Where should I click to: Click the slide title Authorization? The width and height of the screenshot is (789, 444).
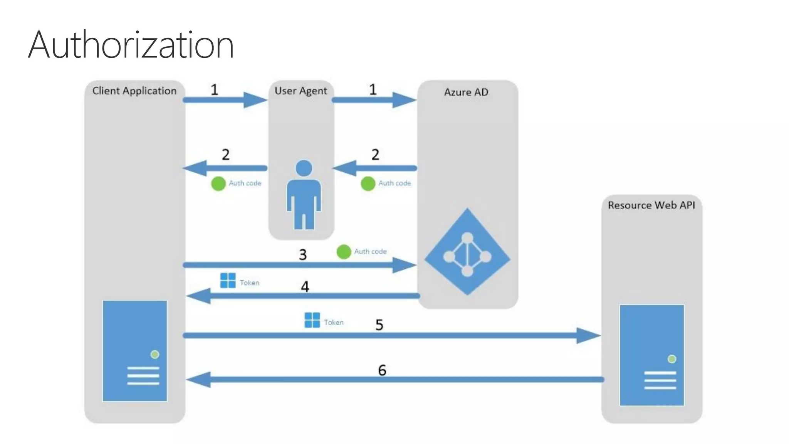(x=131, y=45)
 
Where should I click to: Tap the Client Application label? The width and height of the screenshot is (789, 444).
(x=134, y=91)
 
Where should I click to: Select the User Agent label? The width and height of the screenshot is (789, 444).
(x=300, y=91)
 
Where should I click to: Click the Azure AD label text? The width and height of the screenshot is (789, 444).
(x=466, y=92)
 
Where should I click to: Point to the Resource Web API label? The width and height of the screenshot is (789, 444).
(x=651, y=205)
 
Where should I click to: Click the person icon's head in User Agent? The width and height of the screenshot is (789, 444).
(x=304, y=168)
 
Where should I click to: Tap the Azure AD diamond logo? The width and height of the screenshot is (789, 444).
(x=467, y=252)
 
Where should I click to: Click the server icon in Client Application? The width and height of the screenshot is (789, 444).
(x=135, y=351)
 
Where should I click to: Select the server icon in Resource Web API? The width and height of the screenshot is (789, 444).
(x=652, y=355)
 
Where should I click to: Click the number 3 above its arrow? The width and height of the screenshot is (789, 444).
(x=303, y=255)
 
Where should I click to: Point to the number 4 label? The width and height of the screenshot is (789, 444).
(x=305, y=287)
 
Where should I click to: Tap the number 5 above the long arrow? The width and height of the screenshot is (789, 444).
(x=379, y=325)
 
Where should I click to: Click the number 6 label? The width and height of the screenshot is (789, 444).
(x=382, y=370)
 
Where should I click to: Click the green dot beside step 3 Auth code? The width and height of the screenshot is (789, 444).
(x=344, y=252)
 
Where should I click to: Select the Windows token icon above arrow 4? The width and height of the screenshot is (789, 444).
(x=228, y=281)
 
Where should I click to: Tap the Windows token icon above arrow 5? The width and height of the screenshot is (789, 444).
(x=312, y=320)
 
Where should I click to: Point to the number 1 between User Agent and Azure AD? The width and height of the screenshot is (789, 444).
(x=373, y=90)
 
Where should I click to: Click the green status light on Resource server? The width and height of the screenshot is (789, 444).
(x=672, y=359)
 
